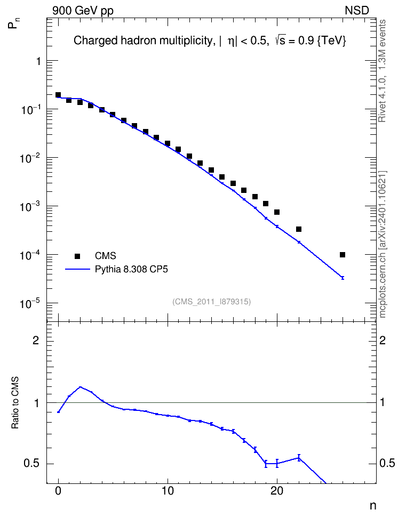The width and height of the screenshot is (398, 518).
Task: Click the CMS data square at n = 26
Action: pos(343,255)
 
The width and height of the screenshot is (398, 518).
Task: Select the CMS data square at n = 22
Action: pos(299,229)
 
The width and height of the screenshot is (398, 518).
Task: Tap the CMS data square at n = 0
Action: pos(58,95)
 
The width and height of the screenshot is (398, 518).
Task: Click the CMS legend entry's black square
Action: pos(77,256)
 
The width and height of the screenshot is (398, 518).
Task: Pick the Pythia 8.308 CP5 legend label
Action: pos(131,269)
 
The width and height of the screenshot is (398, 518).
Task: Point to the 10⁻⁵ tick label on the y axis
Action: pos(30,303)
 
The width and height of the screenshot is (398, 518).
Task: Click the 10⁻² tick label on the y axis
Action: pos(30,158)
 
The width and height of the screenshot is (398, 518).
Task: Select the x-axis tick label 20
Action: pos(277,491)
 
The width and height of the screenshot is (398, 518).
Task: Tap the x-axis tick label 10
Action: pos(168,491)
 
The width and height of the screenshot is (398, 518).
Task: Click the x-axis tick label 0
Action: pos(59,491)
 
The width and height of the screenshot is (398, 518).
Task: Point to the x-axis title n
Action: pos(373,506)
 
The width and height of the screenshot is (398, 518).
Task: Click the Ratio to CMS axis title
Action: pos(15,403)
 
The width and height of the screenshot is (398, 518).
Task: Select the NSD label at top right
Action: pos(357,11)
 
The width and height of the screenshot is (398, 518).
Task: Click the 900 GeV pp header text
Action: pos(83,11)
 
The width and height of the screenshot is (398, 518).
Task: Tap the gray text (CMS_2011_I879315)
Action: pos(211,302)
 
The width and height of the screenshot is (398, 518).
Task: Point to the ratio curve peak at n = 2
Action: pos(81,387)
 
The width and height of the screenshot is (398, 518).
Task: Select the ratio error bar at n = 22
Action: pos(299,458)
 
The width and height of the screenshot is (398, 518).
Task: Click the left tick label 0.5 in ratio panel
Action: pos(31,464)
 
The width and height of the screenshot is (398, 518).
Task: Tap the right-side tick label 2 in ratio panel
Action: pos(383,340)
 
